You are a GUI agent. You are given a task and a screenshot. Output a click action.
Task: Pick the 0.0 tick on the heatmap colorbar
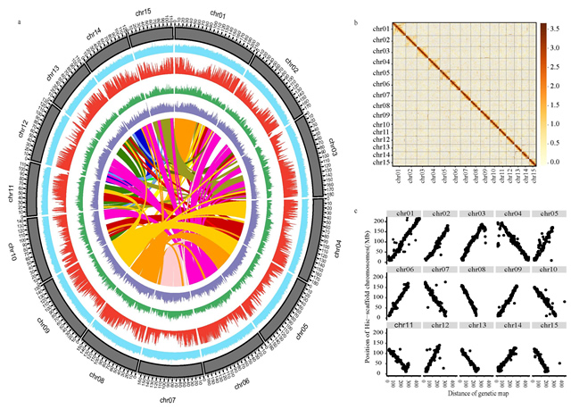click(x=555, y=162)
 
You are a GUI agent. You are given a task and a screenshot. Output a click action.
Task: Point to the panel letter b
click(x=357, y=21)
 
